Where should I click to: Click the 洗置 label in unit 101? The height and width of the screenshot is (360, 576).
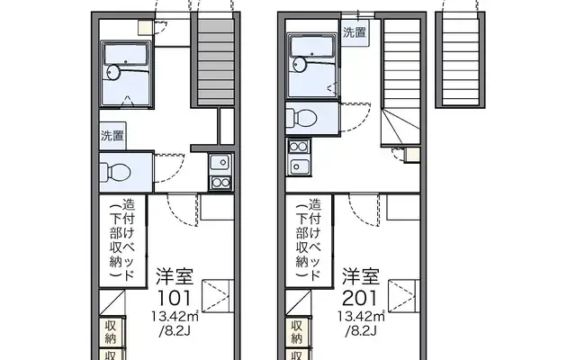tap(113, 137)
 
